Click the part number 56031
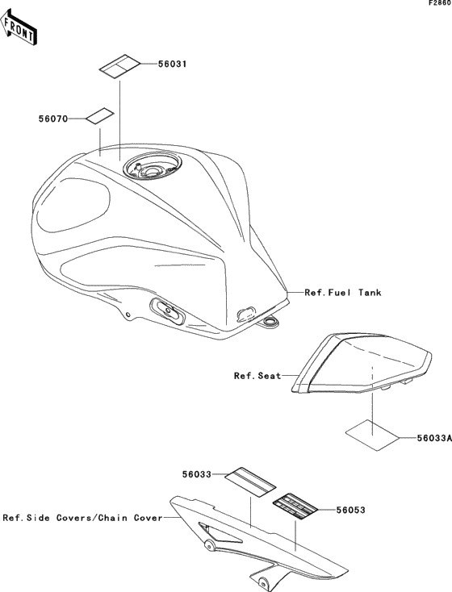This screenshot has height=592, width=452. [x=172, y=64]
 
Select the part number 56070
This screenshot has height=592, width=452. [x=53, y=119]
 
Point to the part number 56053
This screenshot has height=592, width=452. [x=351, y=510]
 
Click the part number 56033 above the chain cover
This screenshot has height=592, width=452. [x=196, y=474]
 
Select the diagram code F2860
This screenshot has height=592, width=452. [x=440, y=3]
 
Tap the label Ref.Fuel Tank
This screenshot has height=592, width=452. [x=343, y=292]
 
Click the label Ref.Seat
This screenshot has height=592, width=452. [x=257, y=376]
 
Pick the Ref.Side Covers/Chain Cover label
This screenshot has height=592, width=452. [x=83, y=518]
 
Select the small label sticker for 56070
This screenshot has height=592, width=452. [x=100, y=117]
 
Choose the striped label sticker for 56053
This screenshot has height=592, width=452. [x=295, y=507]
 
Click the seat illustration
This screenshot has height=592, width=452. [x=362, y=365]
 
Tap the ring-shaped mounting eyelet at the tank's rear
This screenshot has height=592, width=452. [x=270, y=321]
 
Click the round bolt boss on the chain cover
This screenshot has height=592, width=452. [x=208, y=544]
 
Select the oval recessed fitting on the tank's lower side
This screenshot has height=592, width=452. [x=167, y=310]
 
